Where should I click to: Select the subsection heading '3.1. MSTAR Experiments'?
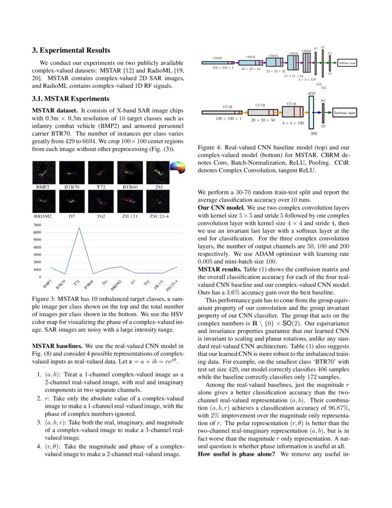tap(71, 98)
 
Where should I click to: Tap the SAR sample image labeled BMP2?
tap(44, 172)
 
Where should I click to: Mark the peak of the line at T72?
tap(78, 227)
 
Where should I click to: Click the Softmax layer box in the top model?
tap(347, 62)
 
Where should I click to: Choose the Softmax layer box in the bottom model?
tap(344, 113)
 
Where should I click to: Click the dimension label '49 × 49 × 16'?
tap(250, 68)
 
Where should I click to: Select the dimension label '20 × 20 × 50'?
tap(263, 119)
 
